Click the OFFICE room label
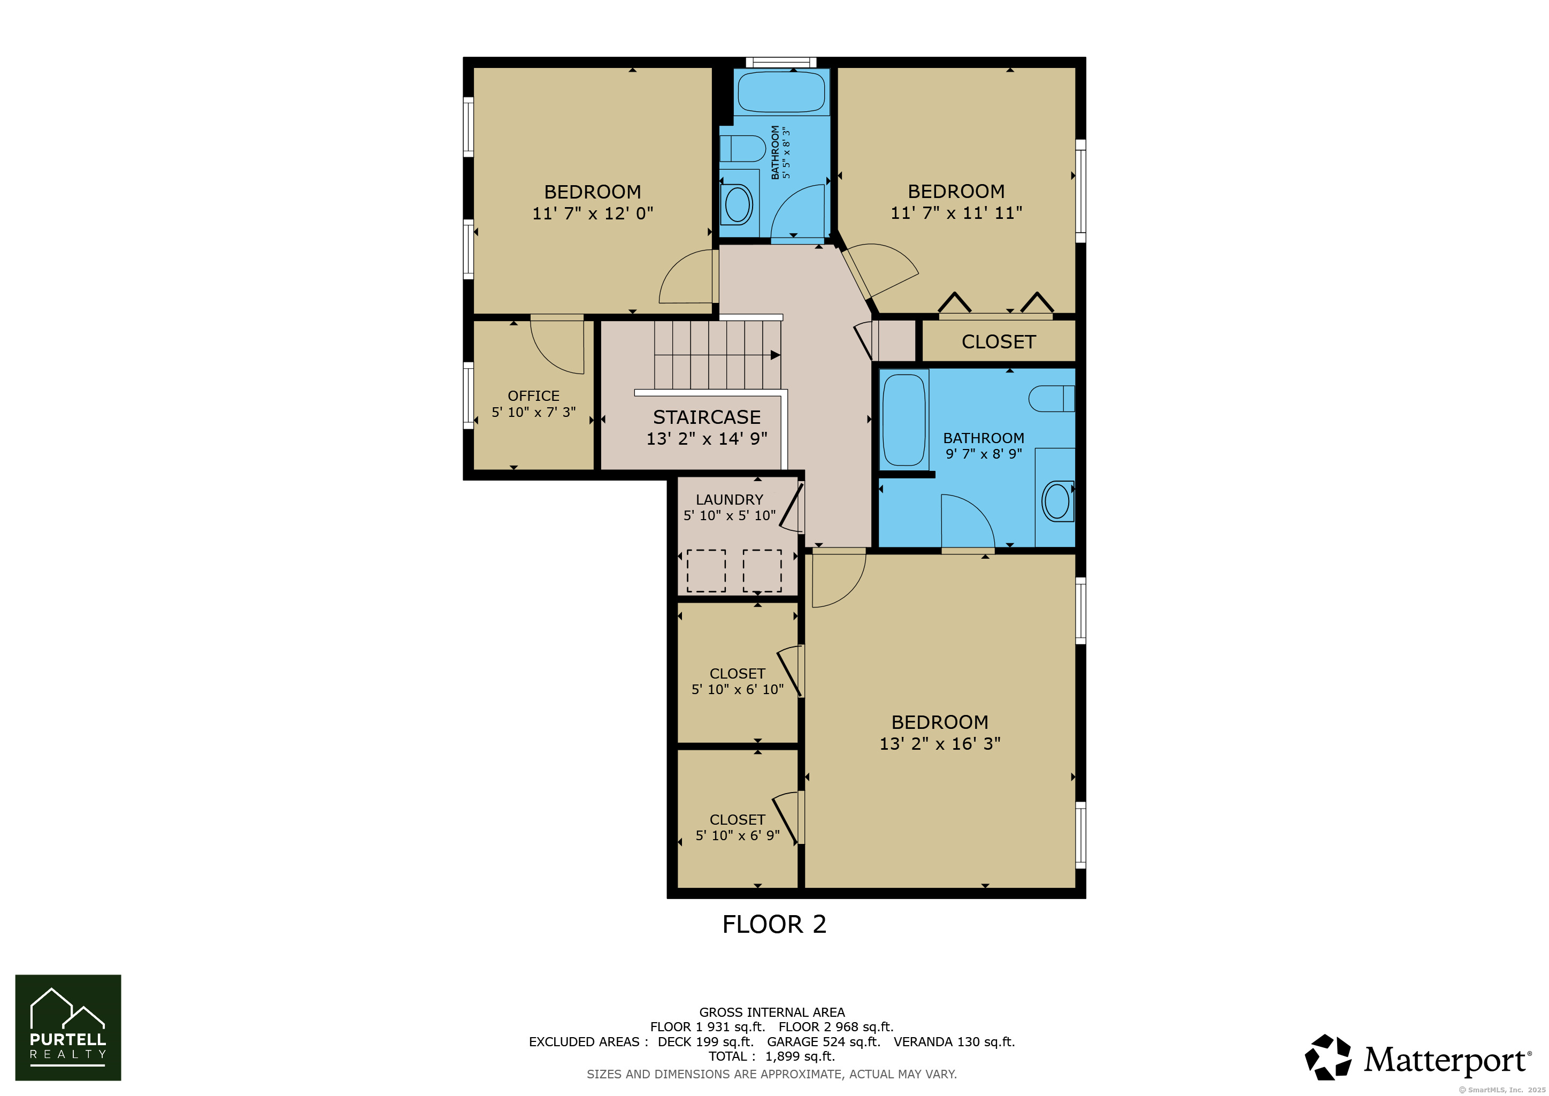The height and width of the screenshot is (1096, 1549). tap(534, 396)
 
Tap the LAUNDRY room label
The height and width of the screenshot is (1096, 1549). tap(729, 499)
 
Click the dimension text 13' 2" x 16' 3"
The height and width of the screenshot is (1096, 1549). tap(940, 744)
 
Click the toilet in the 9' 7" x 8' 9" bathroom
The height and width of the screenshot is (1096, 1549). tap(1051, 398)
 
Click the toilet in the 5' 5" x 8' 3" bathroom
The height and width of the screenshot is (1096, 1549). tap(742, 148)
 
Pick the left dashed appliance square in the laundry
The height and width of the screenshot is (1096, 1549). tap(707, 570)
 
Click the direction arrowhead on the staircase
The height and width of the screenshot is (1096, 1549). tap(776, 355)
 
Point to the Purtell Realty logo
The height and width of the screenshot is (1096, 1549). tap(68, 1027)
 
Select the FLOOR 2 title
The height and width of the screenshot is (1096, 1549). tap(774, 924)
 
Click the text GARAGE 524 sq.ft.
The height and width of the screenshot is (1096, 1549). tap(824, 1041)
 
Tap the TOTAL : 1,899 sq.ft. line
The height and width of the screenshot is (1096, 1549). tap(772, 1056)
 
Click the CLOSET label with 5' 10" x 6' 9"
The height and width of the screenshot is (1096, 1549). tap(738, 819)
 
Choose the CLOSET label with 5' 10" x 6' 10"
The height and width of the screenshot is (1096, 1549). tap(738, 674)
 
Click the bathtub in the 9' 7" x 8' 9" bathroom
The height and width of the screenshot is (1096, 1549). tap(904, 420)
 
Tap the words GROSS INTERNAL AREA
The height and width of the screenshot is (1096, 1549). tap(772, 1013)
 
